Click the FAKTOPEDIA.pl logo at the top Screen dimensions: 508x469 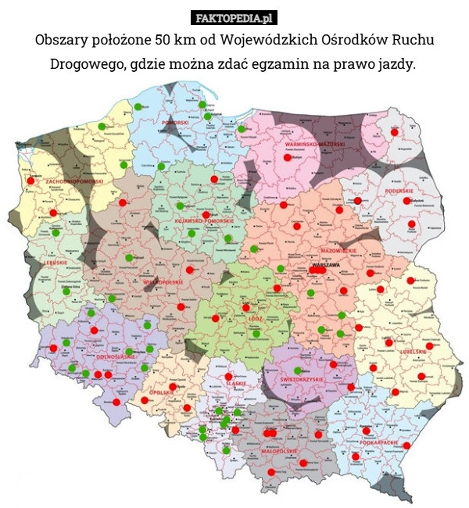234,16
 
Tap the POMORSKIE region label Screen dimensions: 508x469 175,123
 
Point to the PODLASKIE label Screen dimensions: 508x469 399,190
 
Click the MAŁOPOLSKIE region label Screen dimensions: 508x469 278,451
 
